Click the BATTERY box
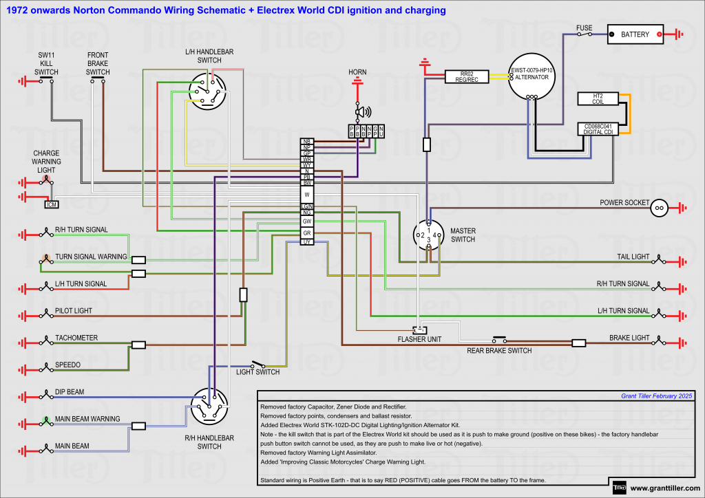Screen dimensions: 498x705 635,34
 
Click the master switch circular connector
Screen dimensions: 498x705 427,235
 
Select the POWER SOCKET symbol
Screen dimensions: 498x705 659,206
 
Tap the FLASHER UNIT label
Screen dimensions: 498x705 419,339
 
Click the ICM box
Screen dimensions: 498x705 51,204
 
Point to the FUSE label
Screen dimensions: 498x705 584,28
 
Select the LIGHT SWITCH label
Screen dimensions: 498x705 257,372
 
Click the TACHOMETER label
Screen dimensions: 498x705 76,338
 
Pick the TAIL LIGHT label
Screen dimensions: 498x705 632,257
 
